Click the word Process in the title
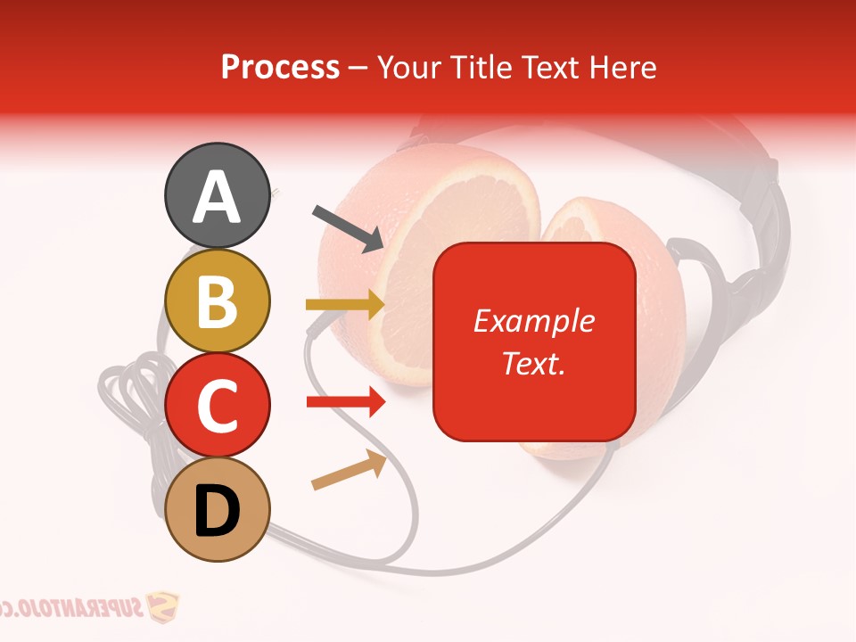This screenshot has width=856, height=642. click(280, 67)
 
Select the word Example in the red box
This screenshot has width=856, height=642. click(533, 321)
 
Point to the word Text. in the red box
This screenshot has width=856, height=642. click(533, 363)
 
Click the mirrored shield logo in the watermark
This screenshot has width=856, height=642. click(162, 608)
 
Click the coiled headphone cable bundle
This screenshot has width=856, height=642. click(134, 392)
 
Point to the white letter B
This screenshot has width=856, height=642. click(217, 301)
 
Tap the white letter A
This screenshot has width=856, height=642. click(217, 196)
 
